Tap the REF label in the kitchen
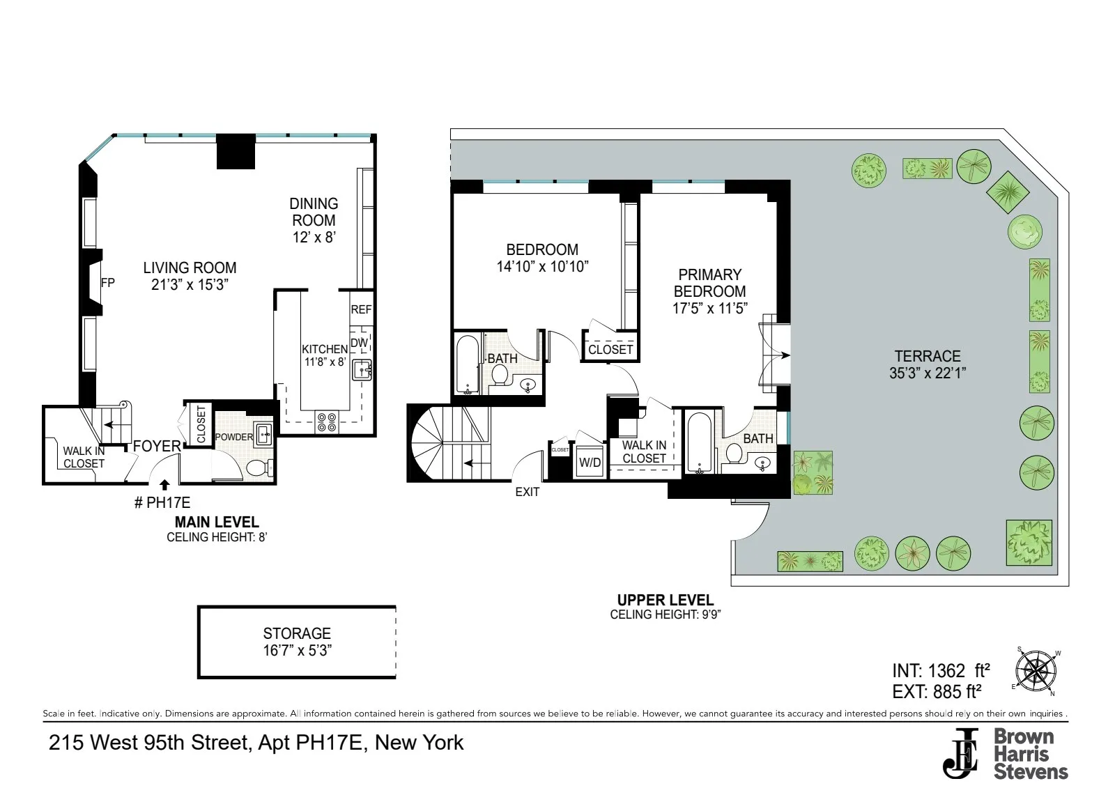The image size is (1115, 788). tap(361, 309)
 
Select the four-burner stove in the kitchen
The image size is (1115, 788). tap(327, 422)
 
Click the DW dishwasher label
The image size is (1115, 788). tap(359, 343)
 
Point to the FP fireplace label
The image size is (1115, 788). tap(108, 283)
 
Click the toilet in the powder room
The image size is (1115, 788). tap(259, 467)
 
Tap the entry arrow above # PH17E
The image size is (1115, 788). tap(164, 485)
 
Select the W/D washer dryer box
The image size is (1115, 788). tap(590, 463)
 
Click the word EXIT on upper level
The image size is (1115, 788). tap(527, 492)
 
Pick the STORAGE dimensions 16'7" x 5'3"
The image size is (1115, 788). tap(297, 651)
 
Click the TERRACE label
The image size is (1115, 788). tap(927, 356)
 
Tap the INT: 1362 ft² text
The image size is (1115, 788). tap(940, 671)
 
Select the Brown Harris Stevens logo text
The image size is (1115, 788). tap(1029, 754)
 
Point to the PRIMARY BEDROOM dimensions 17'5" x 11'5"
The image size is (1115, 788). tap(709, 309)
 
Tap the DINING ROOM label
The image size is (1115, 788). tap(314, 212)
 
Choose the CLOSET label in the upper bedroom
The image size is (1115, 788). tap(610, 350)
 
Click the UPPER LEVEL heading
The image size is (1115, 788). tap(665, 600)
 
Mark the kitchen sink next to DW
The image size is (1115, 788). tap(362, 370)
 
